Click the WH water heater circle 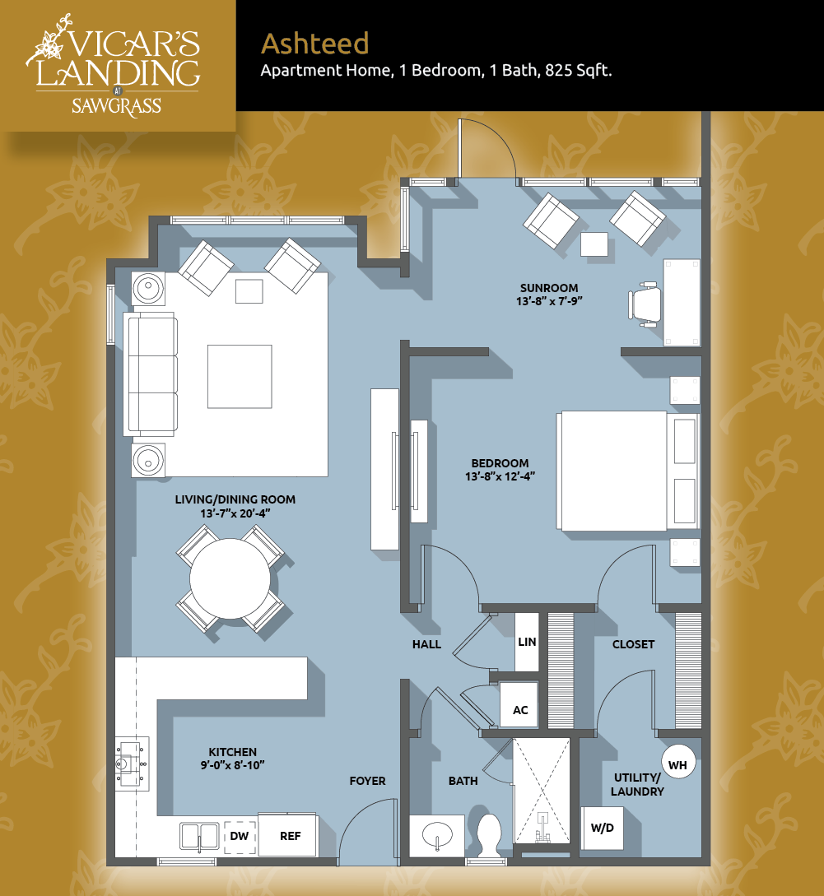677,764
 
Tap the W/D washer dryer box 602,828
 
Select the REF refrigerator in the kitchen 288,835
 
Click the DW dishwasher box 240,837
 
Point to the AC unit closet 519,705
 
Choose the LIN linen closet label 527,642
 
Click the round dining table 230,579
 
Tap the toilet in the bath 489,835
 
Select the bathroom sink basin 437,835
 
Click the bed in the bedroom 628,471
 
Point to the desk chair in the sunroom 645,304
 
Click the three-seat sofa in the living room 151,374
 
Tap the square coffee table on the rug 240,377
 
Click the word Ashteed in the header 315,44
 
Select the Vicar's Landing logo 114,66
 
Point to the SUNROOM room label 549,288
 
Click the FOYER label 368,781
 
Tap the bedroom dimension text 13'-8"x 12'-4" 500,476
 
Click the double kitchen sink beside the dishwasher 199,837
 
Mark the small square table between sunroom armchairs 594,244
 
